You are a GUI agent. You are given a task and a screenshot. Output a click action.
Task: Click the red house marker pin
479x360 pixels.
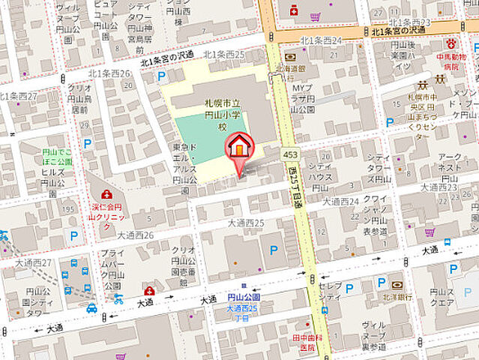tap(239, 146)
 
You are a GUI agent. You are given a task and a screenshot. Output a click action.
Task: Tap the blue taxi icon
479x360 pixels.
tap(91, 308)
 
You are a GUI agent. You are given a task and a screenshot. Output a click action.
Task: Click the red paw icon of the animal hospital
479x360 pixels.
tap(452, 44)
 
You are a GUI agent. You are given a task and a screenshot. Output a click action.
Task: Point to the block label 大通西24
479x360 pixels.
tap(341, 201)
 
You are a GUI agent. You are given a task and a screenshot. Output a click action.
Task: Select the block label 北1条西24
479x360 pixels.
tap(320, 40)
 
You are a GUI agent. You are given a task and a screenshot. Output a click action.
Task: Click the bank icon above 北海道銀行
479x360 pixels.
tap(290, 56)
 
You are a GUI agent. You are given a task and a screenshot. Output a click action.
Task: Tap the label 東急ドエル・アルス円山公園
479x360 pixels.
tap(185, 165)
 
